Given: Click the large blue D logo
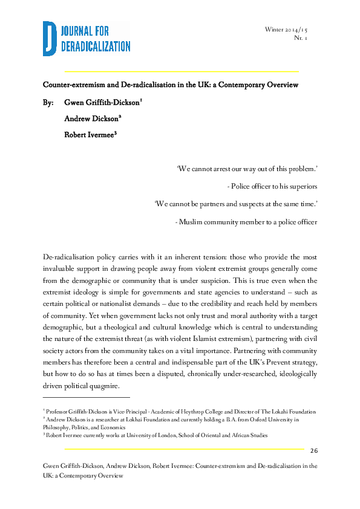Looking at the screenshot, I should click(50, 38).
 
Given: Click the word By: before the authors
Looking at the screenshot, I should click(48, 102).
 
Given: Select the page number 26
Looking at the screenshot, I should click(314, 451).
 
